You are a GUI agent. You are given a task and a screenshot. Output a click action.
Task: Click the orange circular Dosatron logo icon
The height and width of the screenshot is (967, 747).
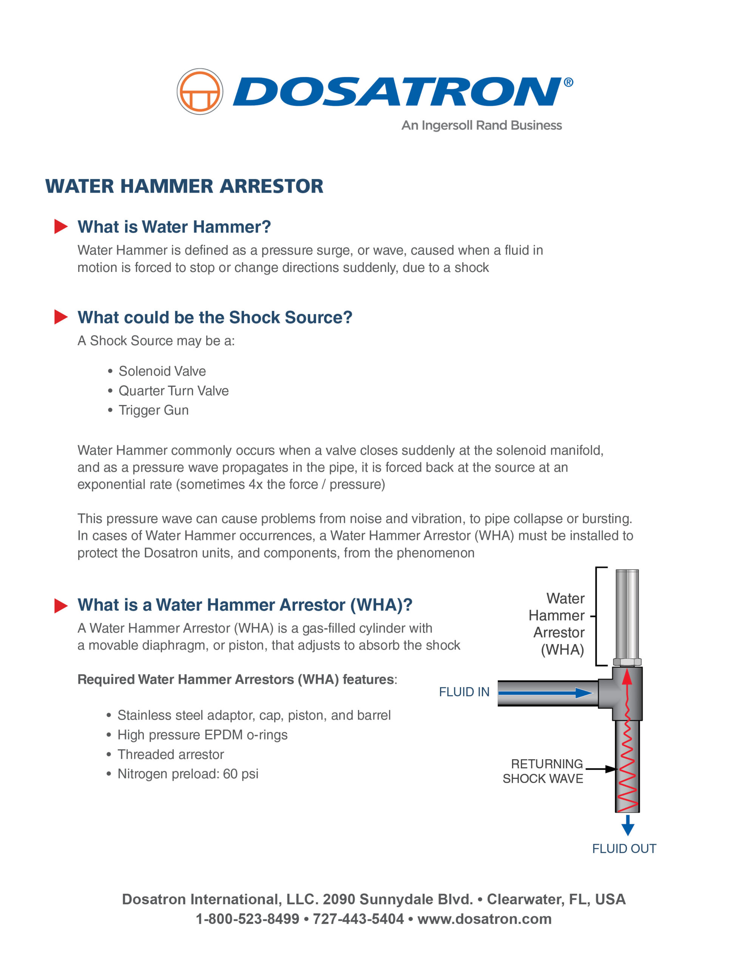[x=200, y=92]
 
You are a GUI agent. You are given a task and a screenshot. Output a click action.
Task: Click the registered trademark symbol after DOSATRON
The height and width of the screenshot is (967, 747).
[x=568, y=82]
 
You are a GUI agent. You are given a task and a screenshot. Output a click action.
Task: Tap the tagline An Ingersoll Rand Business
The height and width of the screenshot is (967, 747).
[x=482, y=125]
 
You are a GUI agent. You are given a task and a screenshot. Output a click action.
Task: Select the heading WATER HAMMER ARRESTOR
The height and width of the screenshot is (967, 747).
[x=184, y=186]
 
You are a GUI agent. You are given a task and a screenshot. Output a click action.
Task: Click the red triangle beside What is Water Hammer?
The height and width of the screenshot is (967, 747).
[x=61, y=226]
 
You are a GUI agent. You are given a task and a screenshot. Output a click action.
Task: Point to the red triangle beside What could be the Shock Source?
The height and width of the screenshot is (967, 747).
[x=61, y=317]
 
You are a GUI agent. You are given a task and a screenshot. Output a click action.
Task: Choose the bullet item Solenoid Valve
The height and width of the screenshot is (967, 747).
[x=162, y=371]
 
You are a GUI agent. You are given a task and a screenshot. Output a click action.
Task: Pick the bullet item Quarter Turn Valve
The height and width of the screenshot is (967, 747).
[x=174, y=391]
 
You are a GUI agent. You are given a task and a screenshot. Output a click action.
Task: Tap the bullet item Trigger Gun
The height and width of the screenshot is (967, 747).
[x=153, y=410]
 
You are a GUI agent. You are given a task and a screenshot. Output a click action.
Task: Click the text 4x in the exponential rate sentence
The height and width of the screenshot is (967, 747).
[x=256, y=484]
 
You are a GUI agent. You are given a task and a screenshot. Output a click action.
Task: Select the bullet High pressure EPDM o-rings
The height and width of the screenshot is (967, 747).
[x=202, y=735]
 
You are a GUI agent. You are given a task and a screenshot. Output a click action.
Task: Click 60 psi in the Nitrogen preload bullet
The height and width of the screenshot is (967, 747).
[x=241, y=774]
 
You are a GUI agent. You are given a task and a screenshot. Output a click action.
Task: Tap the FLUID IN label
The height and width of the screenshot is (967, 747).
[x=464, y=692]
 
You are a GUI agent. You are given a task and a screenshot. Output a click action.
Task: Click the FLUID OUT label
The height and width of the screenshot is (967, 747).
[x=624, y=848]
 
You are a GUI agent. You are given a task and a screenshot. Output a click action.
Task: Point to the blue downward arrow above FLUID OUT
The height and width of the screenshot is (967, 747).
[x=627, y=826]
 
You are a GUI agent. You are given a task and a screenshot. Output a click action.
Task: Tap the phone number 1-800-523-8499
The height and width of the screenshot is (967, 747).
[x=247, y=919]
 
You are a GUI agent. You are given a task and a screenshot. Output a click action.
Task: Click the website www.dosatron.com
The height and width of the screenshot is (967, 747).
[x=485, y=919]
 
